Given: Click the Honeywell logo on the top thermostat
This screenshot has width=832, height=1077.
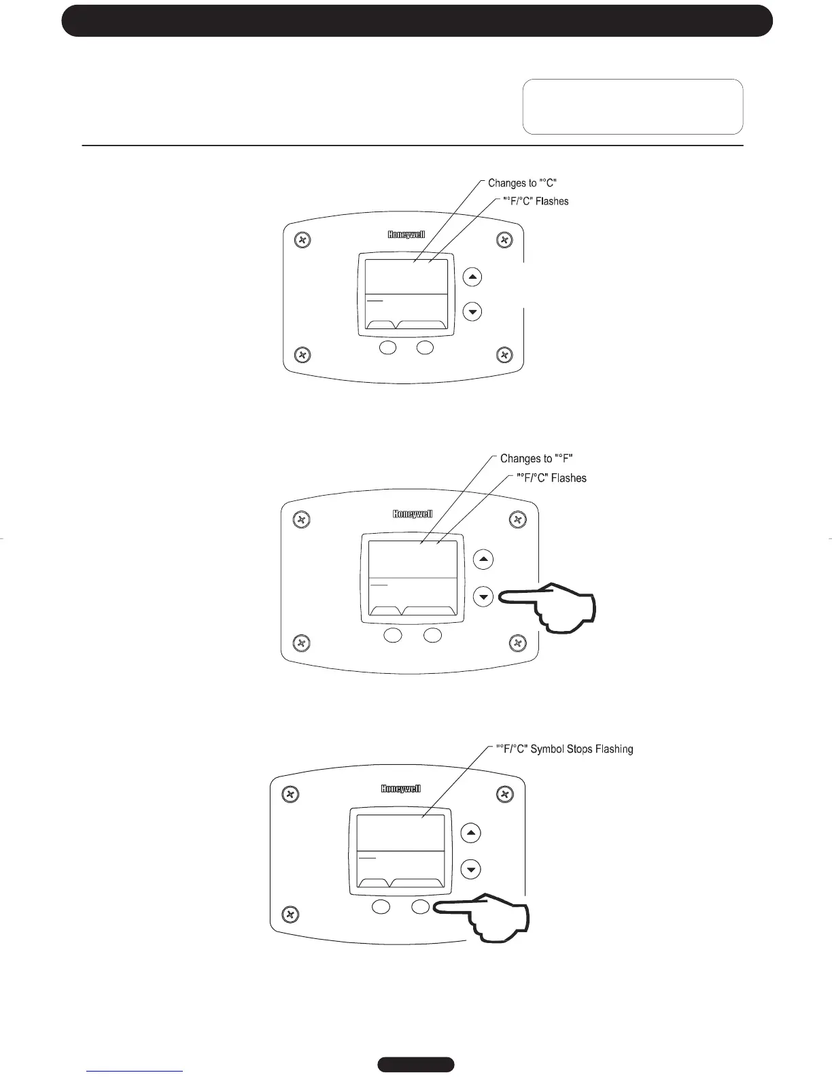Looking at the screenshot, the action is [x=406, y=235].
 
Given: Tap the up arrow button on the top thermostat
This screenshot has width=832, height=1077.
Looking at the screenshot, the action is [x=472, y=277].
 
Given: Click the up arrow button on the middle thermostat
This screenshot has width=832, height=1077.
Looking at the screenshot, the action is [x=483, y=560].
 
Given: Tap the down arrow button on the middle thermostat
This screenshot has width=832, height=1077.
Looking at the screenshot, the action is [x=483, y=597].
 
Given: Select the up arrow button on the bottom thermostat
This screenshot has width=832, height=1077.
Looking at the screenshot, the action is [x=471, y=833].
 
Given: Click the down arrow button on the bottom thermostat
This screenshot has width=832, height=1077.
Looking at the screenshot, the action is [x=471, y=869].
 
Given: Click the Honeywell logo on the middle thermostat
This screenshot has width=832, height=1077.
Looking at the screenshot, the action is [x=413, y=514].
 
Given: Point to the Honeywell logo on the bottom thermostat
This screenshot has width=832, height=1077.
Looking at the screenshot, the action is [x=401, y=789].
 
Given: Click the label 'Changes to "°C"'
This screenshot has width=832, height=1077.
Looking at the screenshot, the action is [x=523, y=183].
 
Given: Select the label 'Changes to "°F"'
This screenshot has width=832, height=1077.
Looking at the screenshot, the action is [x=536, y=459].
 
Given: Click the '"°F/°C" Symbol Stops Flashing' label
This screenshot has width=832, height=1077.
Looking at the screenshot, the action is [x=564, y=749].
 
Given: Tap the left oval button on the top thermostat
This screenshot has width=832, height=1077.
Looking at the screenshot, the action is [x=387, y=348].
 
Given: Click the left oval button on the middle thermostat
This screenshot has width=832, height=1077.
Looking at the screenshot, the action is [x=392, y=636].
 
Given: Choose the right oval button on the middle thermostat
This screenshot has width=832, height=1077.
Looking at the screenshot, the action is [x=432, y=636].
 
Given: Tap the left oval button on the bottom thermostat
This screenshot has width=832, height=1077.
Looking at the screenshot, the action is [x=381, y=907].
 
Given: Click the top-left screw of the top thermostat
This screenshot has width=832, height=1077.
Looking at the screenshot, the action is [x=303, y=240].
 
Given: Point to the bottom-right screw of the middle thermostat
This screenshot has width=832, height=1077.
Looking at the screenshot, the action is [x=518, y=643].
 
